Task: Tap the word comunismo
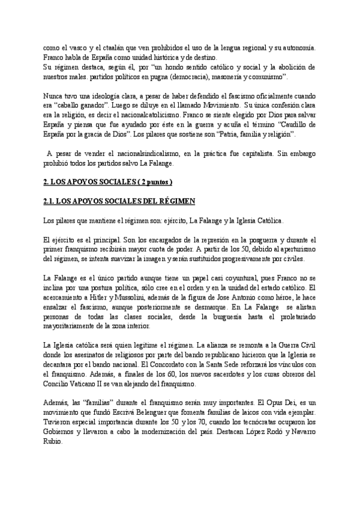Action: click(272, 78)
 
